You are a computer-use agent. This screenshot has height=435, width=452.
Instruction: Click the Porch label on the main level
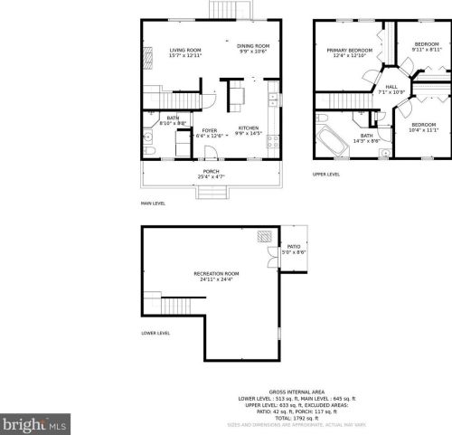point(211,173)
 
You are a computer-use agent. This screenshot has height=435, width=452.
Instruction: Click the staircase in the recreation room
point(175,304)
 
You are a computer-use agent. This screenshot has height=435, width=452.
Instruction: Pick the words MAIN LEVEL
point(153,203)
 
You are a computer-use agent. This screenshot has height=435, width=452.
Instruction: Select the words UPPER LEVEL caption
point(325,174)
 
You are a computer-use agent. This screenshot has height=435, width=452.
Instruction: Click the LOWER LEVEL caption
point(155,333)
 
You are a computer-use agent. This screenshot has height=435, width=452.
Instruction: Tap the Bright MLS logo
point(34,422)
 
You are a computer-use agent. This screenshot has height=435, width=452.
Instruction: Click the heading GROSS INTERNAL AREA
point(297,392)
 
